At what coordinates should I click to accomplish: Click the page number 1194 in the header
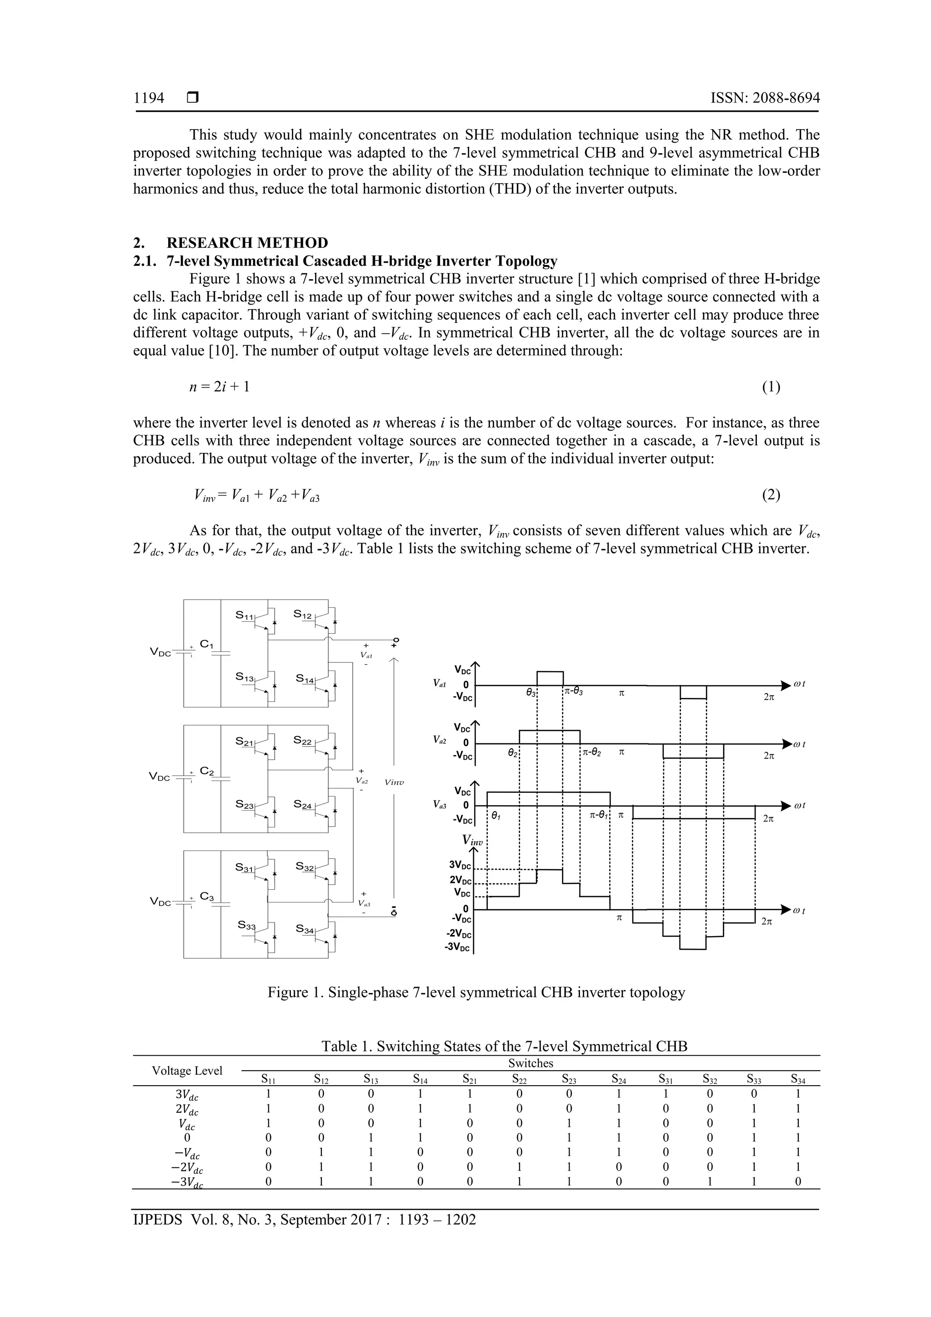point(149,98)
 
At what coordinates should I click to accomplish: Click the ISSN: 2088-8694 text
point(765,98)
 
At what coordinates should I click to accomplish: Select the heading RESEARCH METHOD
point(247,243)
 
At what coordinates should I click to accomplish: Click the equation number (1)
point(771,387)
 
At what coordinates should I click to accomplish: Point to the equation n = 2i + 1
point(219,387)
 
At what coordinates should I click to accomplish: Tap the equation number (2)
point(771,495)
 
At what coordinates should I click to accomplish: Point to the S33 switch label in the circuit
point(247,925)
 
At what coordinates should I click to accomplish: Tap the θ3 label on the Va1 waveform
point(531,693)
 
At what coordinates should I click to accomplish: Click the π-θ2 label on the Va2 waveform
point(591,752)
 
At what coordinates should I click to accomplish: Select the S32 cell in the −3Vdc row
point(710,1182)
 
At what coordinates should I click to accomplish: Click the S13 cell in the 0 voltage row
point(370,1137)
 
